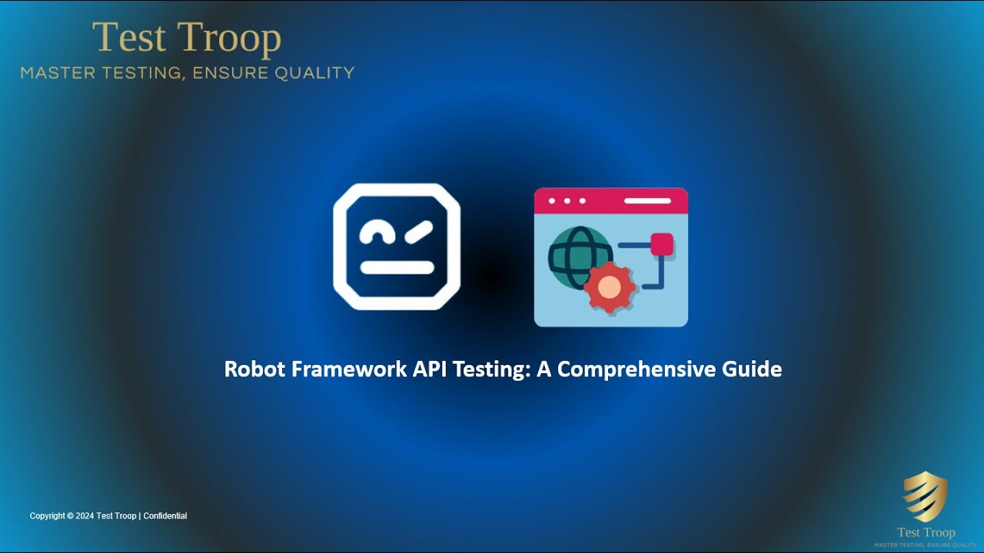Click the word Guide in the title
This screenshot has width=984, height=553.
pyautogui.click(x=752, y=369)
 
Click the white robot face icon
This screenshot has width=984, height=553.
pyautogui.click(x=397, y=247)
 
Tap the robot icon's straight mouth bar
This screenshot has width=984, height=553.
pyautogui.click(x=397, y=267)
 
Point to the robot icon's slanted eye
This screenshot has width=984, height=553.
pyautogui.click(x=419, y=229)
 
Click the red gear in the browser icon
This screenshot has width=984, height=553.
pyautogui.click(x=609, y=287)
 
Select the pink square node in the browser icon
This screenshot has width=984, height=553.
pyautogui.click(x=661, y=244)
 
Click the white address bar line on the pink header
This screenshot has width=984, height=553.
pyautogui.click(x=647, y=201)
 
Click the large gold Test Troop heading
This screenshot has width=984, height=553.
pyautogui.click(x=187, y=38)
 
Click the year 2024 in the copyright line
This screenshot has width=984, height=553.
pyautogui.click(x=85, y=516)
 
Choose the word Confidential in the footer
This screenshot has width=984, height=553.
pyautogui.click(x=165, y=516)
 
